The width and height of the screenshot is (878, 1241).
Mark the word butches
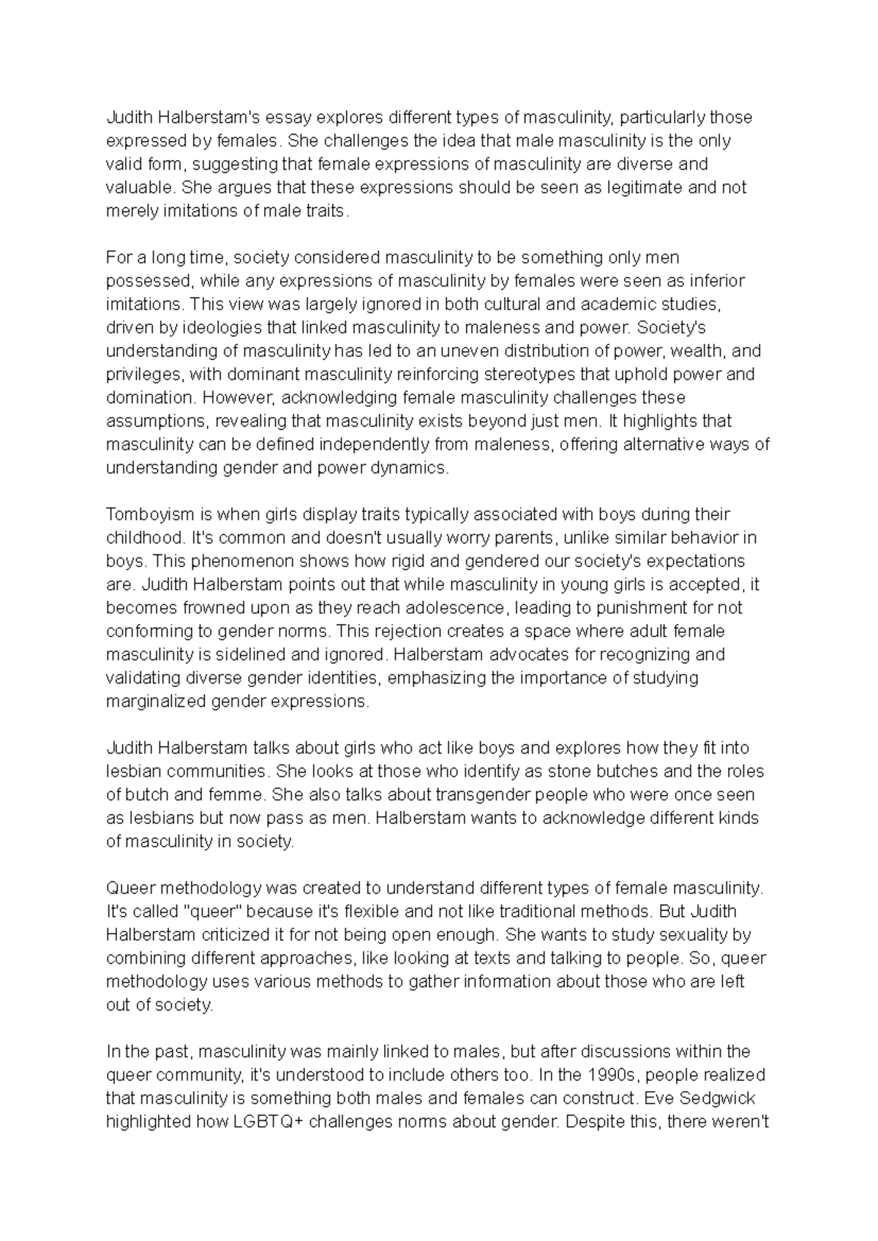point(627,771)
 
